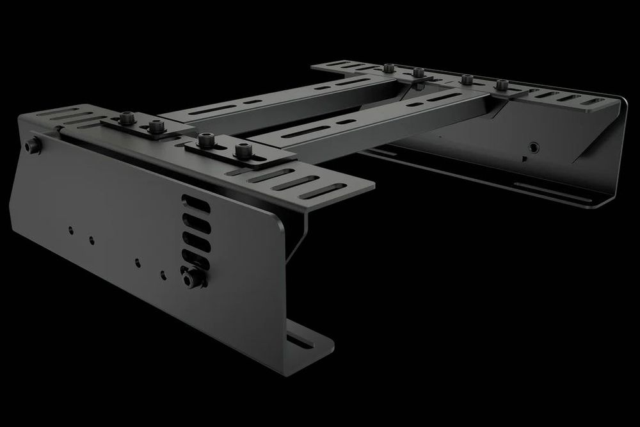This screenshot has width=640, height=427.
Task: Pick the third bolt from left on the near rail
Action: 205,139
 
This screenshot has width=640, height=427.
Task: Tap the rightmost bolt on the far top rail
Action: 502,84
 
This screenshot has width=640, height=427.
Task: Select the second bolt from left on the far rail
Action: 417,72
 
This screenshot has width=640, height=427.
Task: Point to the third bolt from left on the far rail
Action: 467,79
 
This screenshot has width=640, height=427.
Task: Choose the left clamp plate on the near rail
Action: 146,126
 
